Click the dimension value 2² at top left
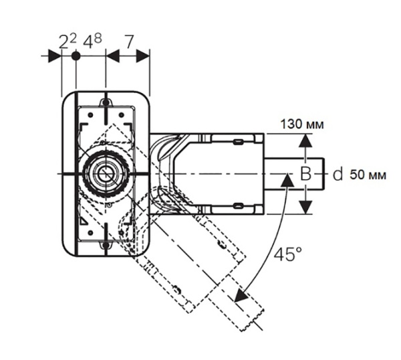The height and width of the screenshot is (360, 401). [66, 43]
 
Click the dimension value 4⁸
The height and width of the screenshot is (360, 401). [92, 43]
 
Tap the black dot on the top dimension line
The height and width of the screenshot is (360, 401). [76, 57]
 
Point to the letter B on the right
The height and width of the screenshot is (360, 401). [305, 175]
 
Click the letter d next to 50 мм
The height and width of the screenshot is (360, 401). [338, 175]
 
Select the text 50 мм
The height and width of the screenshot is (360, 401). [368, 175]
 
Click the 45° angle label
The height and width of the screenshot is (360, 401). [289, 255]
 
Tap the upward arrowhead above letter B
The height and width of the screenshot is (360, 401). [305, 141]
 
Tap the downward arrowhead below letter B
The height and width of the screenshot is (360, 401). [305, 208]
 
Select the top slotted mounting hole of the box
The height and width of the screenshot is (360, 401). [105, 102]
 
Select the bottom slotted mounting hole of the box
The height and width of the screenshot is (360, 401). [105, 248]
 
